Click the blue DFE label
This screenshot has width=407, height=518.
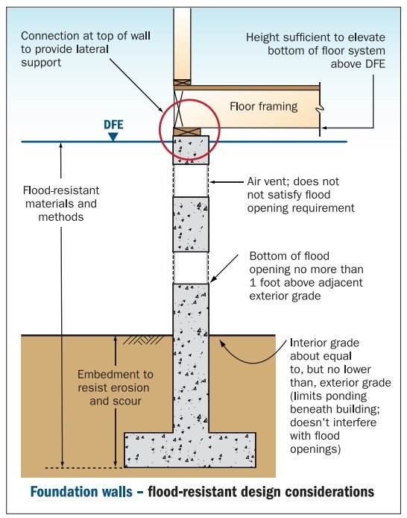[x=113, y=125]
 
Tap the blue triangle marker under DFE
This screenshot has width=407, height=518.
[x=113, y=137]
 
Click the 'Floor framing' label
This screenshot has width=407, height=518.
[x=264, y=107]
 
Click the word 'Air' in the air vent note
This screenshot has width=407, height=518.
[x=255, y=181]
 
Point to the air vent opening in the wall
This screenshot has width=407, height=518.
[x=191, y=181]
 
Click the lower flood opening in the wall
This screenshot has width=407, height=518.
[x=191, y=268]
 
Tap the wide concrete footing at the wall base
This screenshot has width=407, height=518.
[x=190, y=450]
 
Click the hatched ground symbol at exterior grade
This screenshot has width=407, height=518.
[x=143, y=340]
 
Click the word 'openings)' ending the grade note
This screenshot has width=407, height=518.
[x=315, y=449]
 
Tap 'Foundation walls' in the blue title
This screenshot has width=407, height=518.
[x=81, y=492]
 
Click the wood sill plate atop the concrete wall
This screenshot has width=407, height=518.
[x=187, y=132]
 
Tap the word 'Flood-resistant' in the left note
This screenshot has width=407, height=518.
[x=61, y=190]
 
